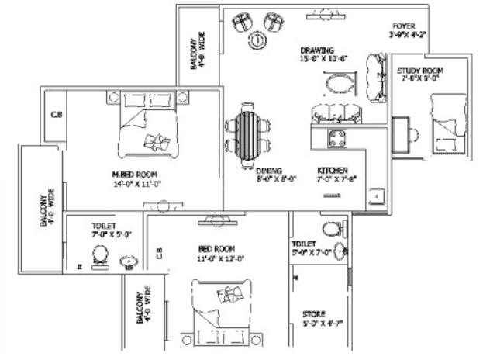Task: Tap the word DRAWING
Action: tap(318, 50)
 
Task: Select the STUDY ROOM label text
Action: tap(419, 71)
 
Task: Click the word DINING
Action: tap(270, 171)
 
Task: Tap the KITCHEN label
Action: tap(332, 170)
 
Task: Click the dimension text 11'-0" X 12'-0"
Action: tap(221, 259)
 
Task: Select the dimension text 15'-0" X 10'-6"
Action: tap(323, 59)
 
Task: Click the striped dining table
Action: tap(246, 133)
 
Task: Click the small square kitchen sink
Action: tap(375, 197)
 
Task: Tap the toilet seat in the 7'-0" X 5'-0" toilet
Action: tap(100, 254)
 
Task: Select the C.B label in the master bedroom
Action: tap(56, 115)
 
